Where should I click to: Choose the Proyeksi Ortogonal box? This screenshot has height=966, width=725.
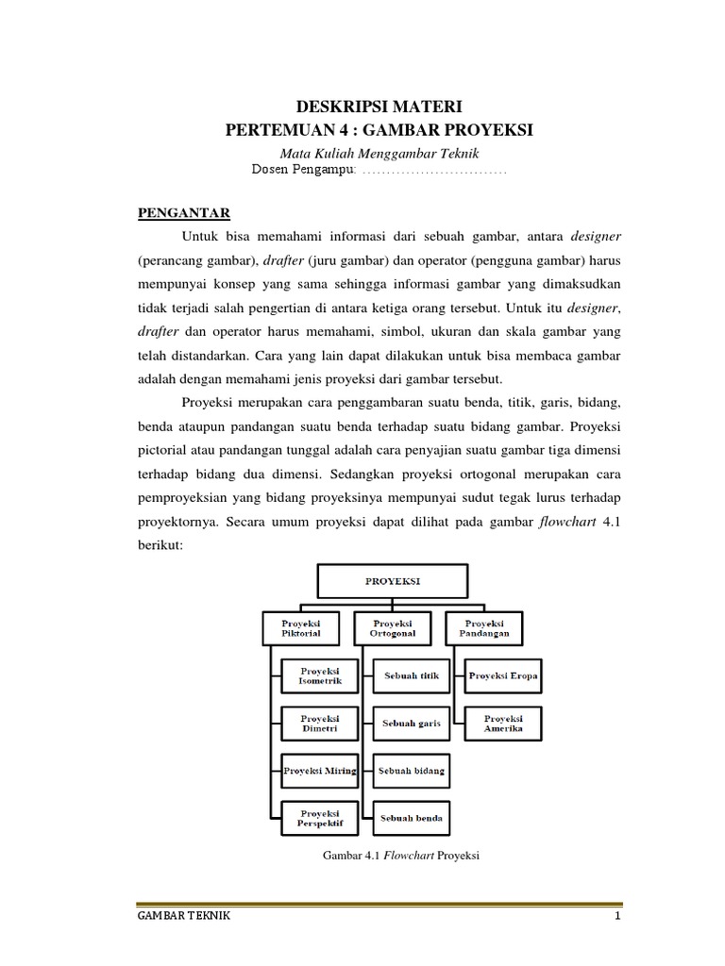tap(393, 628)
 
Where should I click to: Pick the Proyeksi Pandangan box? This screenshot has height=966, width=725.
tap(484, 628)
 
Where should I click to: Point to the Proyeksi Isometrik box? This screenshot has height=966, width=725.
tap(320, 676)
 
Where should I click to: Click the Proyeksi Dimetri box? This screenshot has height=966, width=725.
tap(320, 724)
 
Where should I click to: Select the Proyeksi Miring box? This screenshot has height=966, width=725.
tap(320, 771)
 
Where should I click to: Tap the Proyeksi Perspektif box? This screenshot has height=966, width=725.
tap(320, 817)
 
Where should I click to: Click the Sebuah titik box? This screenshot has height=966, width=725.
tap(412, 676)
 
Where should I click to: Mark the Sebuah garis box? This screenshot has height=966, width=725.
tap(412, 724)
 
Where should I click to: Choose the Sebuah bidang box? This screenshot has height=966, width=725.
tap(412, 771)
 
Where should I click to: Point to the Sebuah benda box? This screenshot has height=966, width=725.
tap(412, 817)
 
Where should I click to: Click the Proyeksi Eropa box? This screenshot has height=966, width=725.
tap(503, 676)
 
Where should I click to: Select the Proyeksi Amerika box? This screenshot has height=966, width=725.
tap(503, 724)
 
